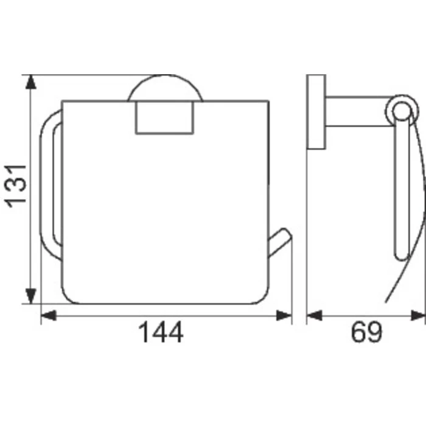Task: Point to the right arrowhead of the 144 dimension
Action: click(284, 315)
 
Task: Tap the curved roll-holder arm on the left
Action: click(51, 183)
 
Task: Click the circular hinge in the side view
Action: click(401, 110)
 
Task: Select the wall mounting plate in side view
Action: click(316, 113)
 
